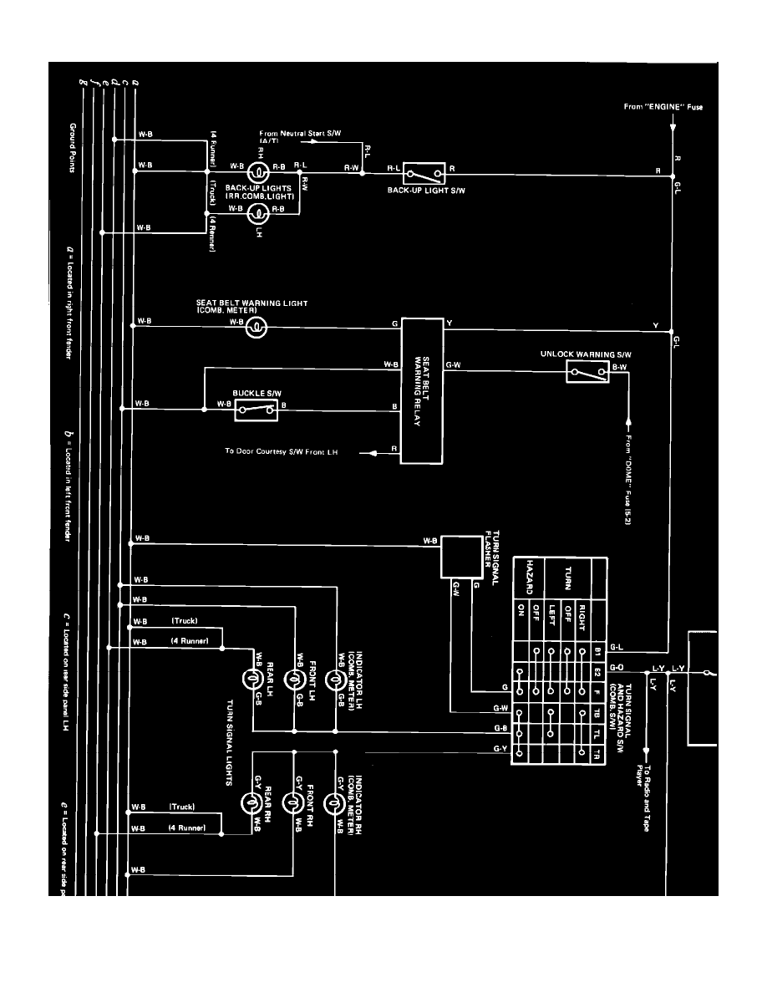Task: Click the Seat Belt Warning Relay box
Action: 422,390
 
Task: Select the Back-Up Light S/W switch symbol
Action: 424,174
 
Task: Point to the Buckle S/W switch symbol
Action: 256,408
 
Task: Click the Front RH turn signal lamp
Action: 293,803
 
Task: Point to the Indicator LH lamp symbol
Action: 333,680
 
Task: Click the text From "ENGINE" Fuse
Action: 653,107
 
